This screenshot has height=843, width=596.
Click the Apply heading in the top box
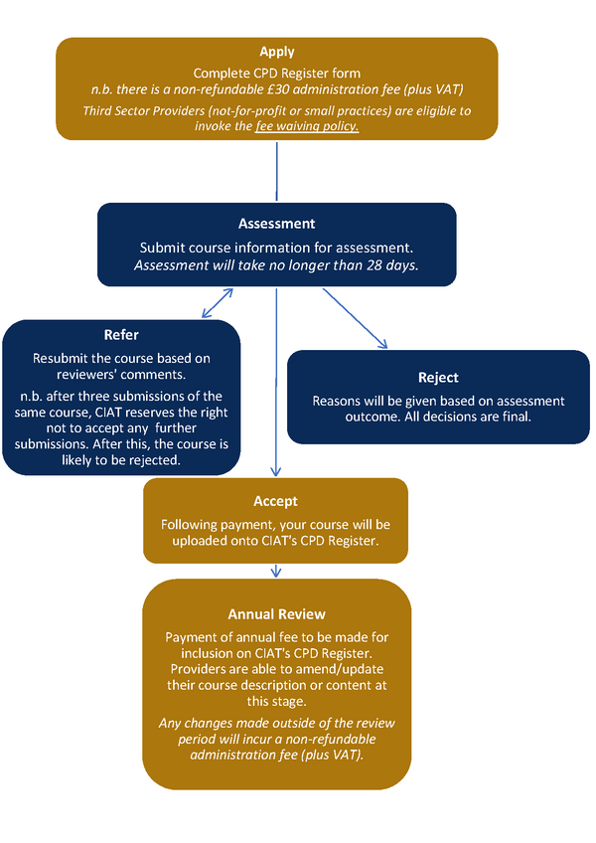277,52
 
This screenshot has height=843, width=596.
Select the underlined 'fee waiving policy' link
307,127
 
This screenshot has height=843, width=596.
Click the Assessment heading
276,224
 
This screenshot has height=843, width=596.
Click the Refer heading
121,335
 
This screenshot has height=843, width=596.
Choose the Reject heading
438,378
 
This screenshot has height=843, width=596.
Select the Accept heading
276,501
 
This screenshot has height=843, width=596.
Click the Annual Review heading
276,614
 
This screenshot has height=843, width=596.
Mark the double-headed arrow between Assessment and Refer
217,303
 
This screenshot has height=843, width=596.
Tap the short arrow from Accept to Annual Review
276,572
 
